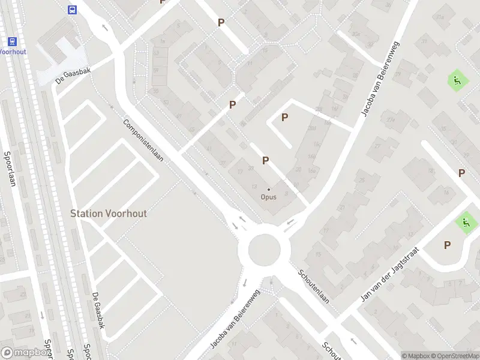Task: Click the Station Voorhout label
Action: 109,213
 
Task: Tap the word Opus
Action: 268,197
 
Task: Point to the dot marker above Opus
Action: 268,190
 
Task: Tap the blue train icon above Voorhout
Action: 11,41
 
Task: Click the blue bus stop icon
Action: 73,10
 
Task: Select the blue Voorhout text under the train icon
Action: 11,52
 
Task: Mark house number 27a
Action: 391,120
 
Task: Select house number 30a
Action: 356,34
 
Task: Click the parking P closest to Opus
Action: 265,160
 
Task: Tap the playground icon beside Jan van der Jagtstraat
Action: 466,223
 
